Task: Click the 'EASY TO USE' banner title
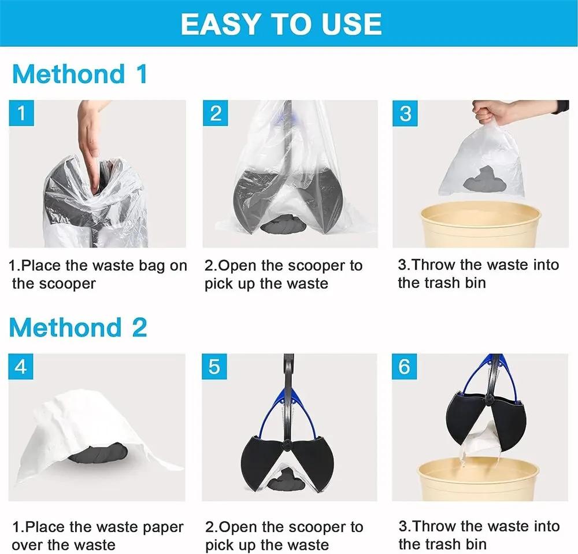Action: point(281,24)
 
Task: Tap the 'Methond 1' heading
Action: point(80,75)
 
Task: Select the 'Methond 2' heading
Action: point(78,327)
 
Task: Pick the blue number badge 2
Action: point(216,113)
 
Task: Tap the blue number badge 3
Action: point(406,113)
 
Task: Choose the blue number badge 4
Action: point(21,367)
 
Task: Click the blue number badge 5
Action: point(214,367)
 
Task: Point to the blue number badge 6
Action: point(405,367)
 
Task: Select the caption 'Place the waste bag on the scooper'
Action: point(98,274)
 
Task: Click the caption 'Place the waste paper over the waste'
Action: point(97,535)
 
